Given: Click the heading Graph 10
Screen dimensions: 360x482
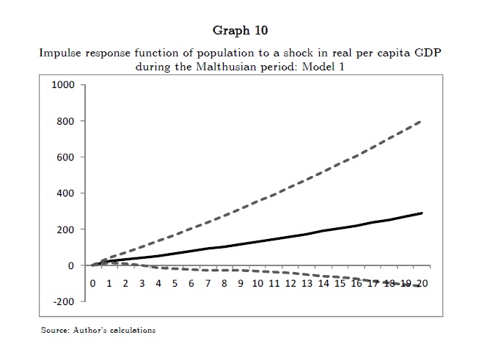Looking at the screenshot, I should coord(240,31).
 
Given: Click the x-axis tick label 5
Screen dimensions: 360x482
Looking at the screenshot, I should coord(175,283).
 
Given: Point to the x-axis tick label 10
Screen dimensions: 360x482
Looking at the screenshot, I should coord(256,283).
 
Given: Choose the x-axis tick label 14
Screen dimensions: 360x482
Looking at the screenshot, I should coord(323,283).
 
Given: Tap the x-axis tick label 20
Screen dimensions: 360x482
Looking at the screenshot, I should coord(422,283).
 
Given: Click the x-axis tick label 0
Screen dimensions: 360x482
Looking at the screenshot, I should coord(92,283).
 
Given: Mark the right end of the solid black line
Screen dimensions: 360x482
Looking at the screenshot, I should coord(422,213).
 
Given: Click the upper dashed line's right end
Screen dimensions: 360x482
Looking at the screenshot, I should coord(422,121).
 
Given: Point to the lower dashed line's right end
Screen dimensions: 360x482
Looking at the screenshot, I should coord(422,286).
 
